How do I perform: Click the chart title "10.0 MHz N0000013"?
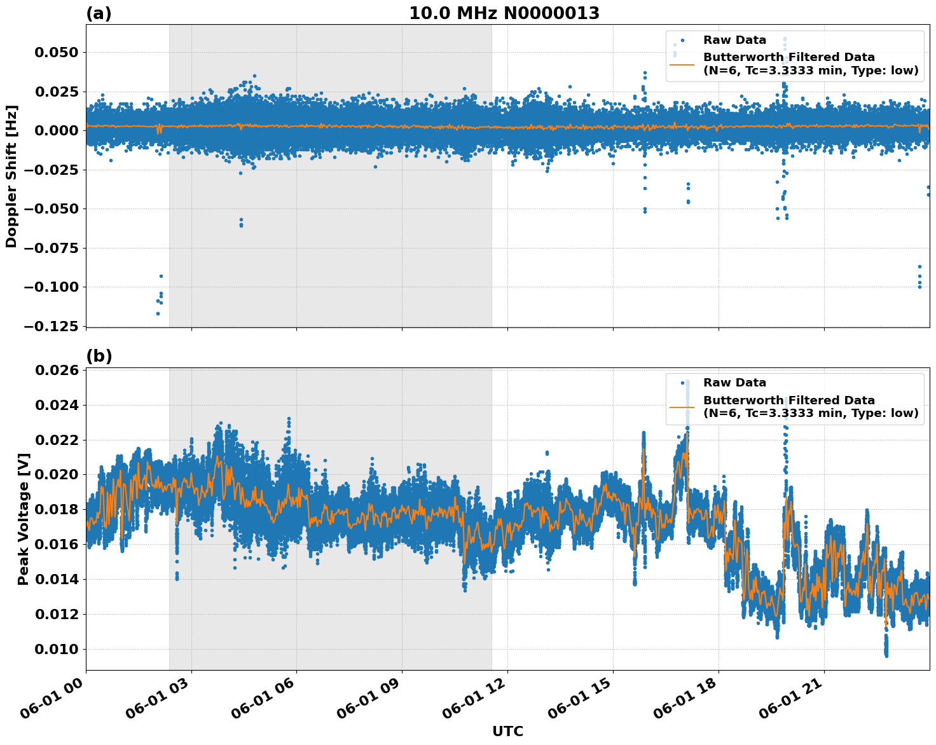coord(504,13)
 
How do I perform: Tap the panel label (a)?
coord(99,13)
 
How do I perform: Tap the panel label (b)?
coord(99,356)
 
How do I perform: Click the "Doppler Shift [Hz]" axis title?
coord(11,176)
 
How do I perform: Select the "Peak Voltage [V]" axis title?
coord(24,519)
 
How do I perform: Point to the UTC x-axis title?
coord(507,731)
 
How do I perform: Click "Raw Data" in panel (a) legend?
coord(734,40)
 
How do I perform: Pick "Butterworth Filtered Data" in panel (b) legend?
coord(788,400)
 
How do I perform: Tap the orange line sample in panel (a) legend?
coord(682,64)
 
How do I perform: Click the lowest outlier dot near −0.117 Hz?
coord(158,313)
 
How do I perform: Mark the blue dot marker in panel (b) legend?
coord(682,383)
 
